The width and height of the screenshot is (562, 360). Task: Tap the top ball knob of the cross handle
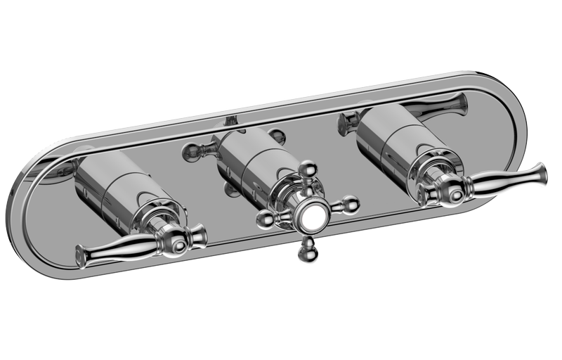pyautogui.click(x=307, y=169)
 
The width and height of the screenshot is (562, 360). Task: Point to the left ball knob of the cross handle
pyautogui.click(x=266, y=219)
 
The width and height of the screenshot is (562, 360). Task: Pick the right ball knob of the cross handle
pyautogui.click(x=348, y=205)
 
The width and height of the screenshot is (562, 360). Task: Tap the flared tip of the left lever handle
pyautogui.click(x=81, y=255)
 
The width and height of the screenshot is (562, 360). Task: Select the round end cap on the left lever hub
pyautogui.click(x=181, y=246)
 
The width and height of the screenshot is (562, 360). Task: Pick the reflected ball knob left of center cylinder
pyautogui.click(x=191, y=149)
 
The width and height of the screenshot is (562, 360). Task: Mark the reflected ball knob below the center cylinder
pyautogui.click(x=229, y=188)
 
